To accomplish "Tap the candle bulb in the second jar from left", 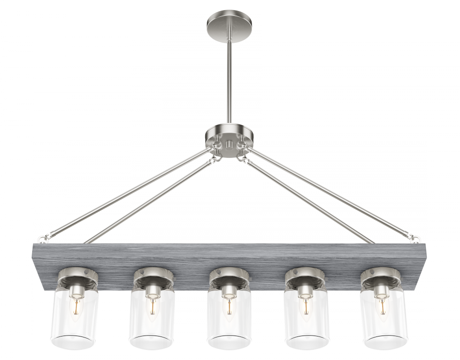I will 151,307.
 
